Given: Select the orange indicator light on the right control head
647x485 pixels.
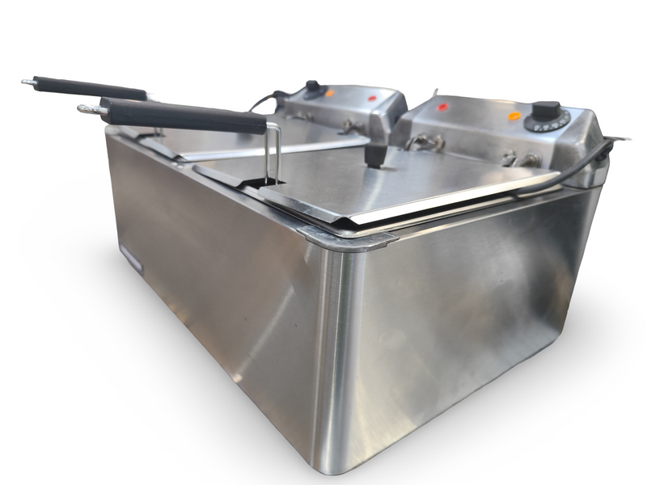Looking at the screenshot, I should pyautogui.click(x=514, y=116).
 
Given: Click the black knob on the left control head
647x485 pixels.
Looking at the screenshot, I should pyautogui.click(x=312, y=86).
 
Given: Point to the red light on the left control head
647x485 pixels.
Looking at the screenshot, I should pyautogui.click(x=372, y=99).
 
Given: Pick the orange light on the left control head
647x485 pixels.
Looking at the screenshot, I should pyautogui.click(x=330, y=94).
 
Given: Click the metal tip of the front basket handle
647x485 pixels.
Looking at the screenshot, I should pyautogui.click(x=89, y=108).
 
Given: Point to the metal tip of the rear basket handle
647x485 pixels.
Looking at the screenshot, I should pyautogui.click(x=28, y=81).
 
